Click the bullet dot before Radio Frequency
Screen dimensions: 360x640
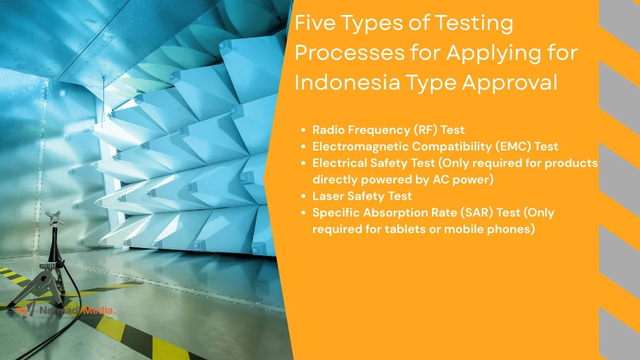coord(303,130)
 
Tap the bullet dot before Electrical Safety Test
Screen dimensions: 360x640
coord(303,163)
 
